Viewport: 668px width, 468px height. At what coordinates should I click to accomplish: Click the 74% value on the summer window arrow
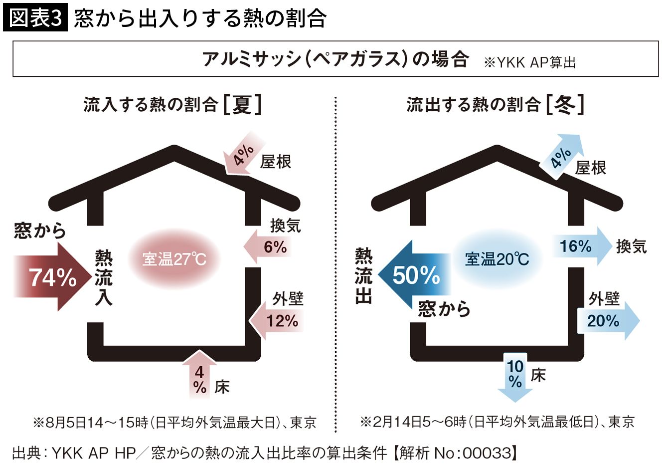(x=53, y=277)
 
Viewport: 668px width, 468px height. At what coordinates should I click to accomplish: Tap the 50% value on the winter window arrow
(x=416, y=275)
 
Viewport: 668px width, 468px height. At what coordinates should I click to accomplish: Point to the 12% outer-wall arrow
(x=276, y=321)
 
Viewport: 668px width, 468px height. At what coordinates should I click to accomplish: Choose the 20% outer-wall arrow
(x=608, y=321)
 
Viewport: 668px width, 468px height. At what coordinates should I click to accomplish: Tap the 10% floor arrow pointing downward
(x=515, y=377)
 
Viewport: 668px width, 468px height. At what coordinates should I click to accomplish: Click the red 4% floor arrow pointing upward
(x=199, y=375)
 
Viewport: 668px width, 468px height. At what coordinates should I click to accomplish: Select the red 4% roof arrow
(x=244, y=153)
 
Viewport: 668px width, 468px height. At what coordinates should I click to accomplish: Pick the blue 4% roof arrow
(x=562, y=157)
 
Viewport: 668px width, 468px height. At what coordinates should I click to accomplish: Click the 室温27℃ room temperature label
(x=174, y=259)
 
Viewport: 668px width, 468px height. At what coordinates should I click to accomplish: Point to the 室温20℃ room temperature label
(x=497, y=259)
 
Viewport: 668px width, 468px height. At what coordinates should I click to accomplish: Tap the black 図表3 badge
(x=35, y=17)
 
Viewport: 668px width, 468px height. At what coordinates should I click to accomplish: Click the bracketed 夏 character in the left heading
(x=242, y=105)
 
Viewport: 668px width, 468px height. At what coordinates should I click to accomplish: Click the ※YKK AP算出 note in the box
(x=529, y=63)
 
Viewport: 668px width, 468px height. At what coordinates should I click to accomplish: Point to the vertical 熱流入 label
(x=104, y=278)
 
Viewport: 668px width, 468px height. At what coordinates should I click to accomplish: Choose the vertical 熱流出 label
(x=363, y=276)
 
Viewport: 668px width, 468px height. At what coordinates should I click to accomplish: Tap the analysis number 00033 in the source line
(x=487, y=454)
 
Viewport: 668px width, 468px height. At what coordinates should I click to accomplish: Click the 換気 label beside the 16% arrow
(x=632, y=246)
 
